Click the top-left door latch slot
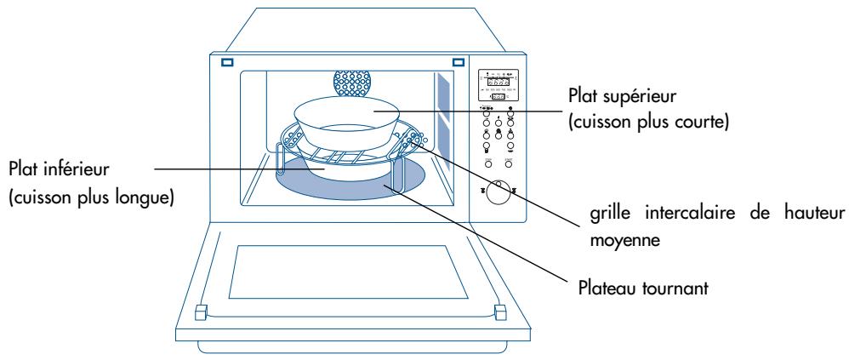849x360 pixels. point(227,62)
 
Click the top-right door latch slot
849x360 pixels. point(458,62)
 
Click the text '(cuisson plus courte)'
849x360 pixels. point(631,123)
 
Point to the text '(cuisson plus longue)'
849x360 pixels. point(90,198)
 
